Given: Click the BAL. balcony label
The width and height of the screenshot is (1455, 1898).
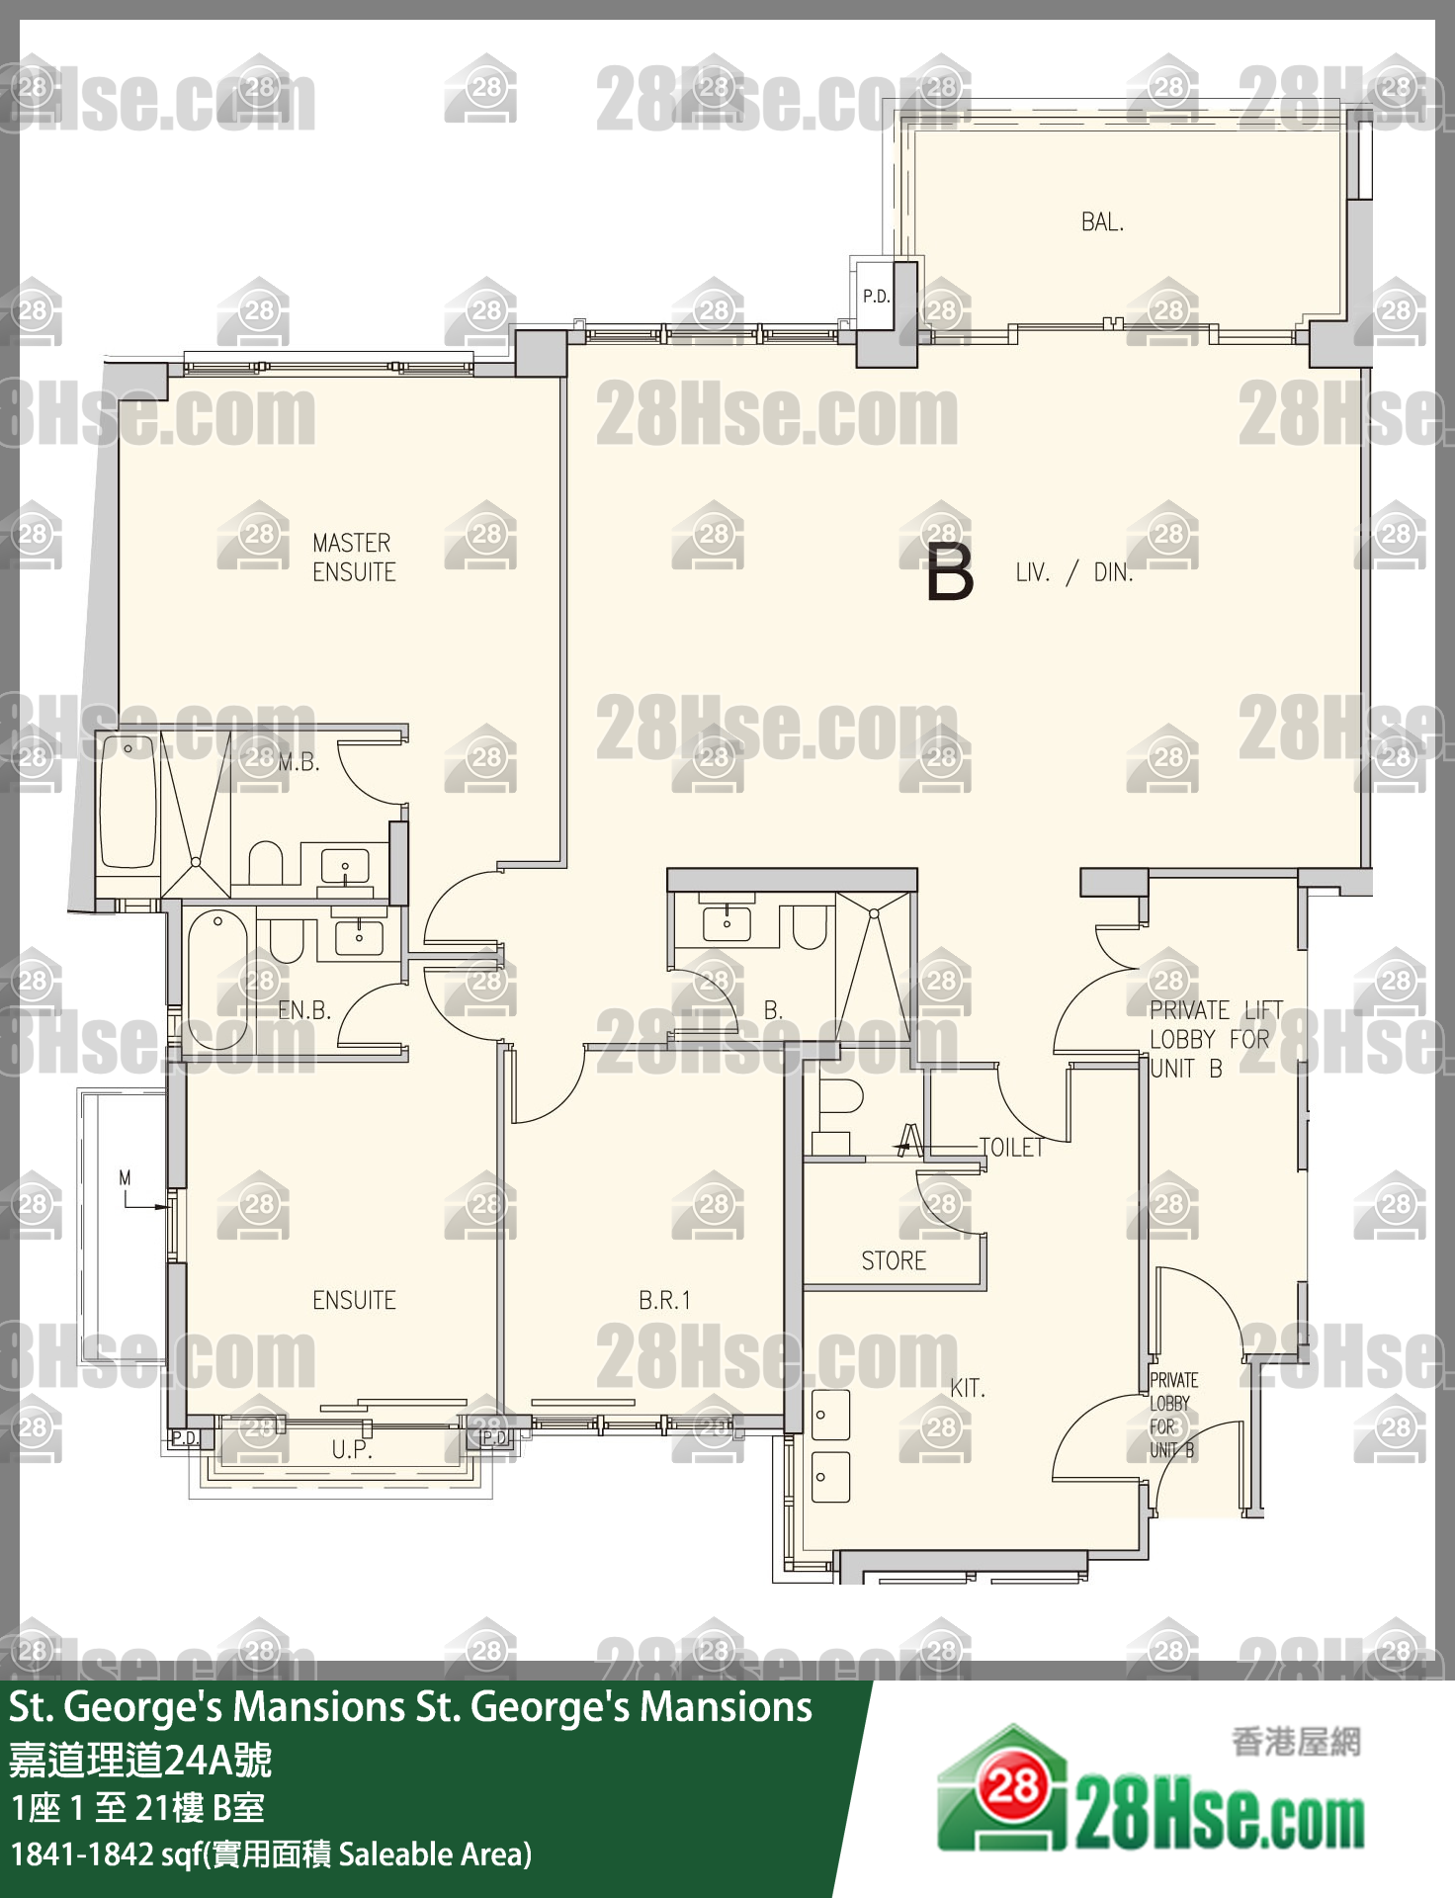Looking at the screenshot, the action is click(x=1102, y=221).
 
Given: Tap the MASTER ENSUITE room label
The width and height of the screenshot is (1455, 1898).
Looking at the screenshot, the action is click(x=354, y=558).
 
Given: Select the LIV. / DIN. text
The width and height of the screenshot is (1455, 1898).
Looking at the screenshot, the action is click(x=1073, y=572).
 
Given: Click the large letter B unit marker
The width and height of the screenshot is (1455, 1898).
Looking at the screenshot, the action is click(x=950, y=572).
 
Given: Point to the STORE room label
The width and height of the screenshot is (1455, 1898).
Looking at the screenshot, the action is click(x=894, y=1260).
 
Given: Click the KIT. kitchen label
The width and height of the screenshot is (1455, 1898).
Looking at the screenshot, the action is click(x=968, y=1388).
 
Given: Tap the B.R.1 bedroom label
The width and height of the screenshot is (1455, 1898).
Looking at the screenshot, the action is click(x=664, y=1300).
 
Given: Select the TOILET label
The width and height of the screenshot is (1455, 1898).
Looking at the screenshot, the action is click(x=1011, y=1147).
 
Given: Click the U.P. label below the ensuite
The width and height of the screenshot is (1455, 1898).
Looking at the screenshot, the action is click(x=352, y=1449).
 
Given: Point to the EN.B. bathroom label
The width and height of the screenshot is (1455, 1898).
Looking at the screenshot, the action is click(x=304, y=1010).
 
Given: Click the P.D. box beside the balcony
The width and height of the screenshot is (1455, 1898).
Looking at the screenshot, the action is click(x=875, y=295).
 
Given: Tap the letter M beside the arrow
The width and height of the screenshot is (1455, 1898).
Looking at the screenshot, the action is click(x=125, y=1177).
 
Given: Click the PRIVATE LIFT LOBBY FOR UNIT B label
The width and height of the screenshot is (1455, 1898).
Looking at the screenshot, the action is click(x=1215, y=1039).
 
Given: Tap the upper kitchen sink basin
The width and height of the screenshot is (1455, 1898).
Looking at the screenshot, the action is click(x=830, y=1415).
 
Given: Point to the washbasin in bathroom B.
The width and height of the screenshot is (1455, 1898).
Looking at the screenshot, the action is click(x=727, y=923).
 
